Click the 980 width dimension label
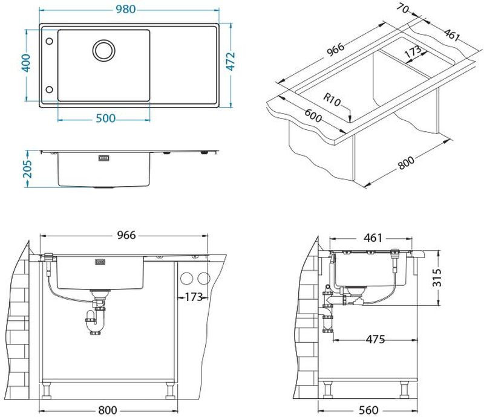126,9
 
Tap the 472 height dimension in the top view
231,62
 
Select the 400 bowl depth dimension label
26,63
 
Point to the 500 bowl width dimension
105,118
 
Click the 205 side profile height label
27,169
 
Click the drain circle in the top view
104,50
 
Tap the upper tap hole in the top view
49,41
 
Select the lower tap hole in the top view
49,89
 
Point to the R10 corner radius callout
332,100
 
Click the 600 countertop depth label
313,115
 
